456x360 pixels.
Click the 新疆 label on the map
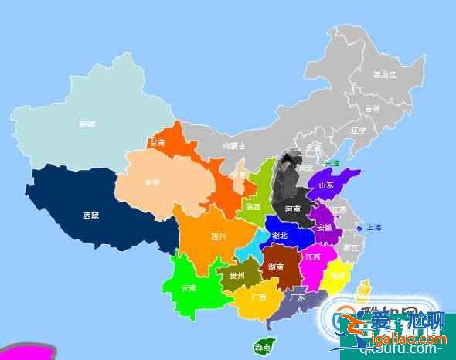87,124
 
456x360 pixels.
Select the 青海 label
151,183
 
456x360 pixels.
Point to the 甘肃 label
158,143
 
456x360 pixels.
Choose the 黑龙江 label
384,75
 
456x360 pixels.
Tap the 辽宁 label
358,131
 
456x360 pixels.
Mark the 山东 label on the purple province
326,185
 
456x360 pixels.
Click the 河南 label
292,209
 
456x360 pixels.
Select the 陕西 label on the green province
254,207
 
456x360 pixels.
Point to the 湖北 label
280,235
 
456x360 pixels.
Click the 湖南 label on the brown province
275,267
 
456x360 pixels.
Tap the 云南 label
189,287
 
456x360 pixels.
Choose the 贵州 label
237,274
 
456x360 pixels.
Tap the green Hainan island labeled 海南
263,348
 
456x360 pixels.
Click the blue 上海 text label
374,227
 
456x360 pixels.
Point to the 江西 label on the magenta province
313,256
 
